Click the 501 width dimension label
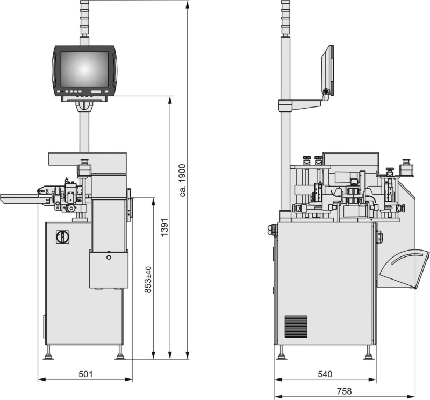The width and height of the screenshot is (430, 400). [x=85, y=374]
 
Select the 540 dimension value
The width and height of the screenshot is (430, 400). [x=325, y=374]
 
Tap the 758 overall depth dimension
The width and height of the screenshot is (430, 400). [x=344, y=391]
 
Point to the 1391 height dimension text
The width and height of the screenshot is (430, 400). [x=164, y=227]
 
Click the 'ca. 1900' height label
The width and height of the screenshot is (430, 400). [x=182, y=180]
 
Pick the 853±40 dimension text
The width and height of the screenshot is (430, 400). [x=148, y=280]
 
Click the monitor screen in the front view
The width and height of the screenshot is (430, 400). [x=84, y=69]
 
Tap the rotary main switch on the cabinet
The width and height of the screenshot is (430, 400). [x=62, y=237]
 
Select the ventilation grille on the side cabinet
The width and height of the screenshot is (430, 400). [x=296, y=326]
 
